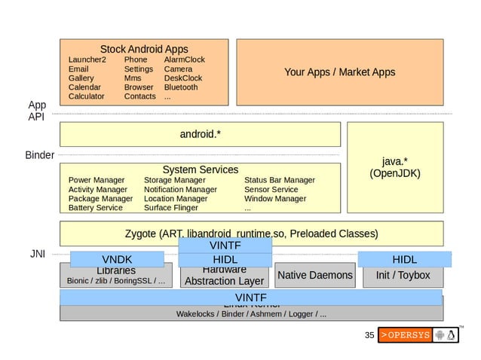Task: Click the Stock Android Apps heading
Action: pos(144,49)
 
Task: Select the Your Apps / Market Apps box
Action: pos(339,72)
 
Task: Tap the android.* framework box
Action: pos(200,135)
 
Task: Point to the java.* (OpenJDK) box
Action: pos(394,168)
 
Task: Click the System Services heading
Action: pos(200,169)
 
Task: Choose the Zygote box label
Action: pos(251,233)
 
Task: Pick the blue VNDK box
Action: pos(117,260)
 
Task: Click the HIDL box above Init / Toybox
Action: pos(404,260)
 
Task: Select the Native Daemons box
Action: pos(314,276)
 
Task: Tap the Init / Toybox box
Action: pos(403,276)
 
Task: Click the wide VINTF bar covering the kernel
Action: pos(251,297)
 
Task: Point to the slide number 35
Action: pos(369,335)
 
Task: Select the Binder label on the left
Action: pos(40,155)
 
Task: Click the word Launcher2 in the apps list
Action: pos(87,59)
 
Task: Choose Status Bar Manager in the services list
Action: pos(279,180)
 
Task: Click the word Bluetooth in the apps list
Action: pos(180,87)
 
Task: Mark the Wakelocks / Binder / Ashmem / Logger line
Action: pos(251,313)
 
